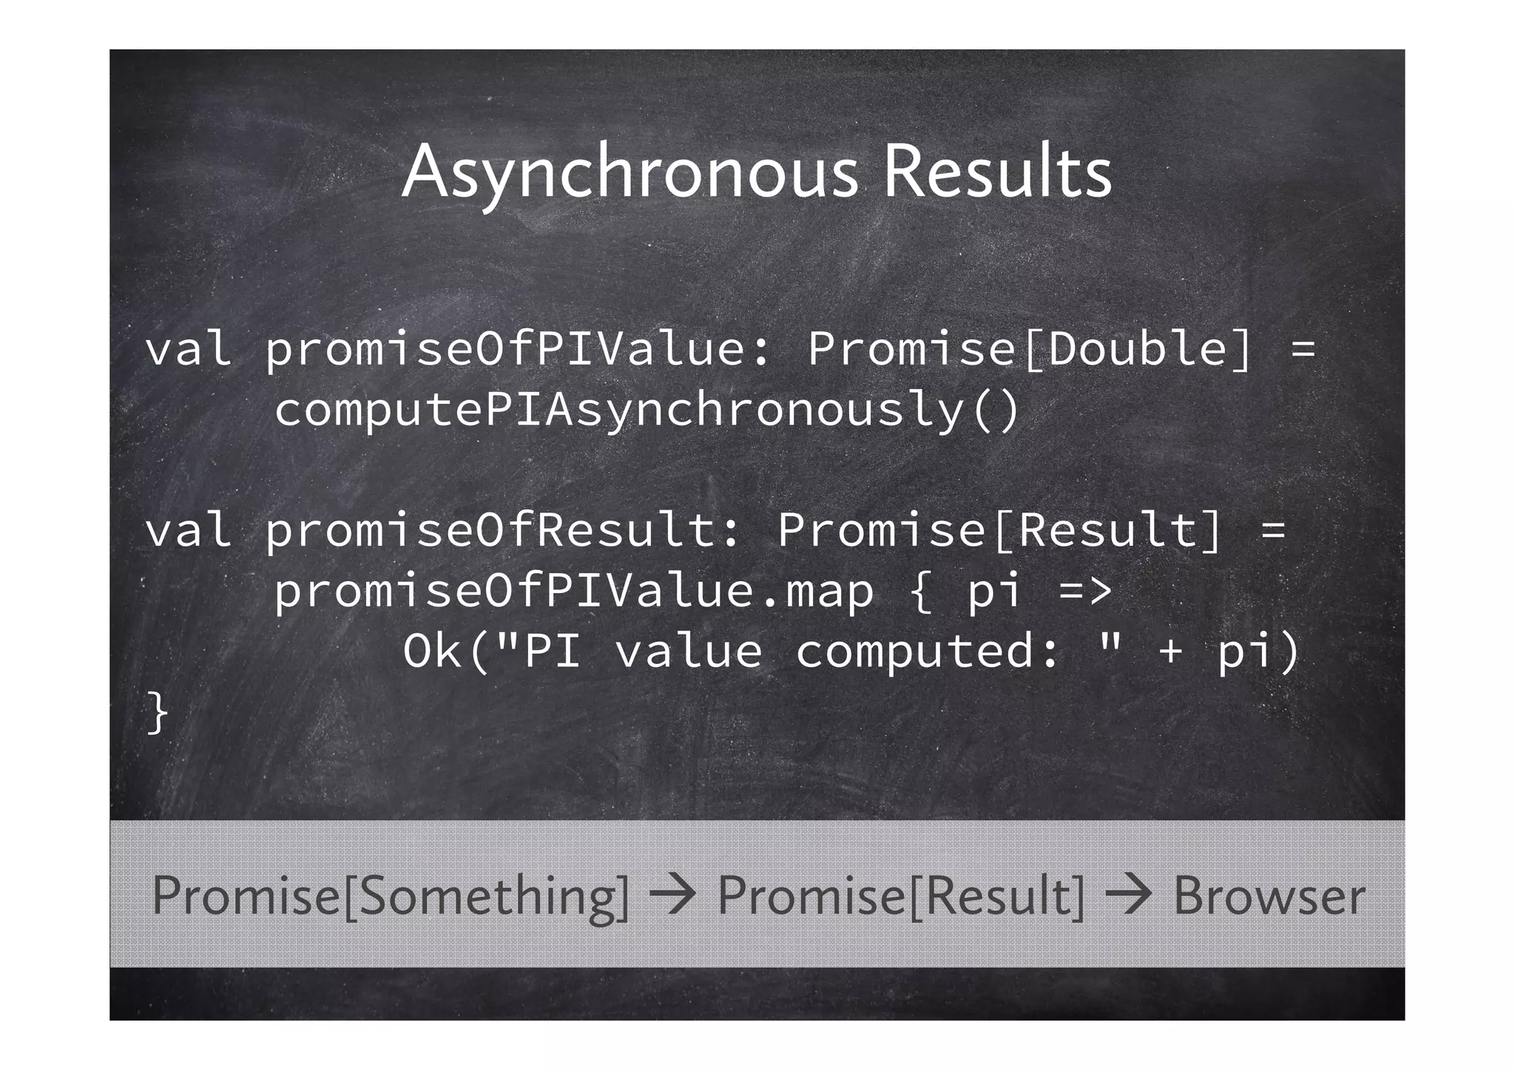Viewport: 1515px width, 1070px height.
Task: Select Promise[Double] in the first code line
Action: [1029, 349]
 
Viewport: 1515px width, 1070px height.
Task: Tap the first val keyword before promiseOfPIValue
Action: [188, 349]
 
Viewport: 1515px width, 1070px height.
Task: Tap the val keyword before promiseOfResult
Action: [188, 531]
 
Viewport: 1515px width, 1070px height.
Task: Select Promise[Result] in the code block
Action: [999, 531]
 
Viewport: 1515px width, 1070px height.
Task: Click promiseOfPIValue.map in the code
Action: [574, 592]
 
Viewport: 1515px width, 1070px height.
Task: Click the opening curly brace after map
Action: [921, 592]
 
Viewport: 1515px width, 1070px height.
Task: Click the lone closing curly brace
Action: [158, 713]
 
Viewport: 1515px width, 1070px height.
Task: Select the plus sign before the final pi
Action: [1170, 652]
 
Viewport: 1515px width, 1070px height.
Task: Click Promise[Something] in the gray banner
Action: [391, 896]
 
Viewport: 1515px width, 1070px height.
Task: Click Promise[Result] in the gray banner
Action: [901, 896]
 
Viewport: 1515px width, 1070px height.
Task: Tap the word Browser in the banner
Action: [1269, 896]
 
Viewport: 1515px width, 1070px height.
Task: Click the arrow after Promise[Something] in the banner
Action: [672, 895]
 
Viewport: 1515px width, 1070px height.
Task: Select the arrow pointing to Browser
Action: [1128, 895]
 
